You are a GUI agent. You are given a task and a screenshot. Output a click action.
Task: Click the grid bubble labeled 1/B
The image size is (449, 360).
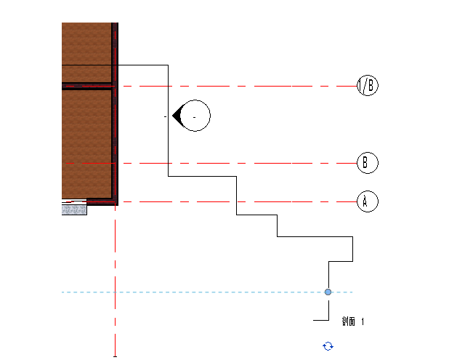tap(368, 86)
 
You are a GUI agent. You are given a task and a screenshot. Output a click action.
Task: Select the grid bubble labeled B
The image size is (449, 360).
tap(368, 163)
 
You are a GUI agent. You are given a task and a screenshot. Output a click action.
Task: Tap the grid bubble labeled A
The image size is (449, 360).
tap(368, 201)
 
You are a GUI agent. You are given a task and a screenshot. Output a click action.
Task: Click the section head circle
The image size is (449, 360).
tap(195, 116)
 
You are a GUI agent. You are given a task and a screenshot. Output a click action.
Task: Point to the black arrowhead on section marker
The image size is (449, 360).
tap(177, 116)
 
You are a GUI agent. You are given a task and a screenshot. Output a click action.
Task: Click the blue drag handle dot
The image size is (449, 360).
tap(328, 292)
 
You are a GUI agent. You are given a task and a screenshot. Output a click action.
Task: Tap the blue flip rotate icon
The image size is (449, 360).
tap(328, 346)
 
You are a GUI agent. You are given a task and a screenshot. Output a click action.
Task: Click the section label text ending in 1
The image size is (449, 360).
tap(353, 321)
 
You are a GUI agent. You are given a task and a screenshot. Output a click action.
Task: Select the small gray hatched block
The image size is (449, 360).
tap(74, 209)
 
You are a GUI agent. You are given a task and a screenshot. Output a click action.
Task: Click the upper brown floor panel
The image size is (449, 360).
tap(86, 44)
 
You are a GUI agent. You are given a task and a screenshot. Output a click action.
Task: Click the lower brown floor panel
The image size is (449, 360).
tap(86, 142)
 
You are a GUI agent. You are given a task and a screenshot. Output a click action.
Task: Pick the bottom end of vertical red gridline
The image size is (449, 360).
tap(116, 354)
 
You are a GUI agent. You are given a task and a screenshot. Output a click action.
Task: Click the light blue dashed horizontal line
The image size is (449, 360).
tap(218, 292)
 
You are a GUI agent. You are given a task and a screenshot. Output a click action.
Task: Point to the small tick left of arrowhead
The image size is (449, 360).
tap(166, 116)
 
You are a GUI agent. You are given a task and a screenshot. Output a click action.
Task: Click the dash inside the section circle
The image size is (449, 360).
tap(194, 116)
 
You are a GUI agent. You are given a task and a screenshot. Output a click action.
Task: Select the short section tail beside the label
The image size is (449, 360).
tap(320, 320)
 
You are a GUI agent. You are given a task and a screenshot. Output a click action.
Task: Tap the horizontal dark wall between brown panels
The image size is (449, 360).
tap(86, 86)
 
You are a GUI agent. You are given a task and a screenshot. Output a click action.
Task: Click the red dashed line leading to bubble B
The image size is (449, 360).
tap(240, 163)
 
